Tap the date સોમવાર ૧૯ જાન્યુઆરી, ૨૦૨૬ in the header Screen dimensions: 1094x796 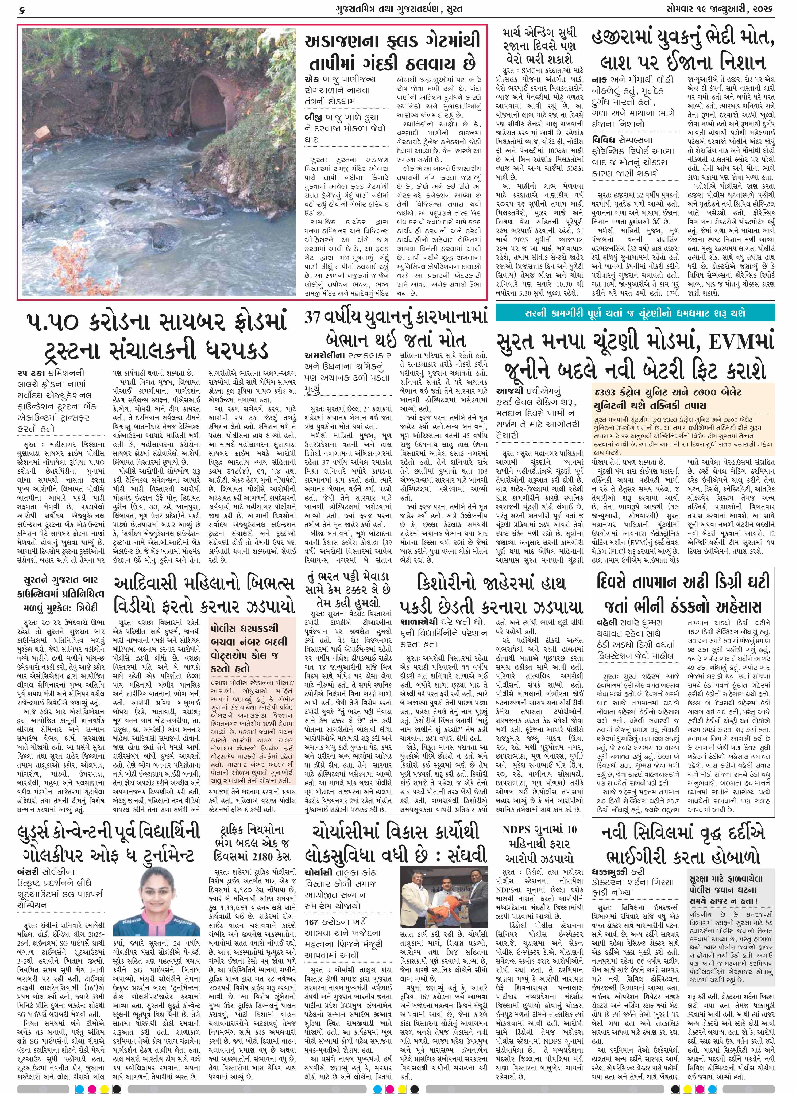point(726,9)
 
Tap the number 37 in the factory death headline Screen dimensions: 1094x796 point(314,317)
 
